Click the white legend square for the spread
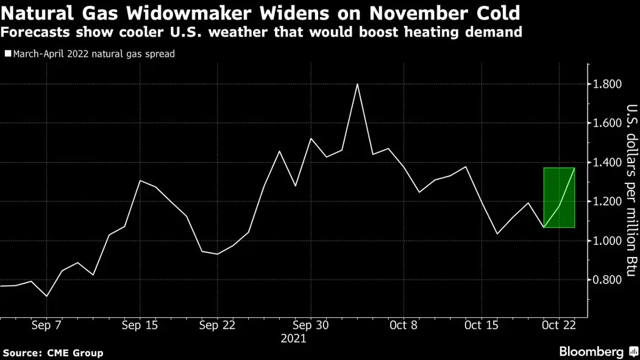pos(7,54)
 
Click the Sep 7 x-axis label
pos(46,325)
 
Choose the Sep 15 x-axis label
pos(140,325)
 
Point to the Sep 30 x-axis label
pos(311,325)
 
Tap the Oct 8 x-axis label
pos(404,325)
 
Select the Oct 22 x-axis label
pos(559,325)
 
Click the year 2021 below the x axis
pos(294,338)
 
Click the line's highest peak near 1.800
pos(357,85)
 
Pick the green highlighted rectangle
pos(559,197)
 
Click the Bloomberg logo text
pos(591,352)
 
